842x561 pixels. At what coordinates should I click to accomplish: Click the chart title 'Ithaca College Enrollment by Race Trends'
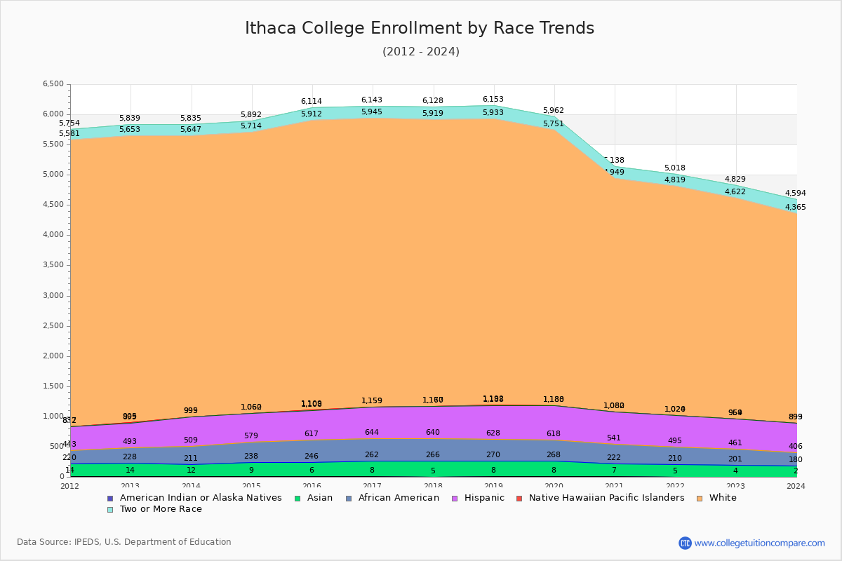(x=420, y=28)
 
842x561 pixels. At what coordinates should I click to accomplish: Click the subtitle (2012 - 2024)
(x=421, y=52)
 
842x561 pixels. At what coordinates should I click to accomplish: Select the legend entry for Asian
(x=315, y=498)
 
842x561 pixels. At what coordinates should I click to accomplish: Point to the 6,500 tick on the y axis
(x=53, y=84)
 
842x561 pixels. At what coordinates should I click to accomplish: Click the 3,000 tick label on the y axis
(x=53, y=296)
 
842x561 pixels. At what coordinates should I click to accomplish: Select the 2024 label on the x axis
(x=796, y=486)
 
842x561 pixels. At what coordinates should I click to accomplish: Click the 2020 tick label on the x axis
(x=554, y=486)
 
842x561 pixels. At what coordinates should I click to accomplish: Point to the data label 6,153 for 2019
(x=493, y=100)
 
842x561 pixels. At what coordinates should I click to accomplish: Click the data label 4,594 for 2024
(x=795, y=194)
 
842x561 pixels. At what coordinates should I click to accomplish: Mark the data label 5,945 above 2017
(x=372, y=112)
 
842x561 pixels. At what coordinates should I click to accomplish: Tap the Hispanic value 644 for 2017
(x=372, y=433)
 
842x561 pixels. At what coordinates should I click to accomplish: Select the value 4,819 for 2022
(x=675, y=180)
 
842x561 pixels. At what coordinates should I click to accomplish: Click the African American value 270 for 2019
(x=493, y=454)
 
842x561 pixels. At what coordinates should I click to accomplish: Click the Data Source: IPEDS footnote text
(x=124, y=542)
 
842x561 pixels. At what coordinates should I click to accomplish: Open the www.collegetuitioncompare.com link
(x=759, y=543)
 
